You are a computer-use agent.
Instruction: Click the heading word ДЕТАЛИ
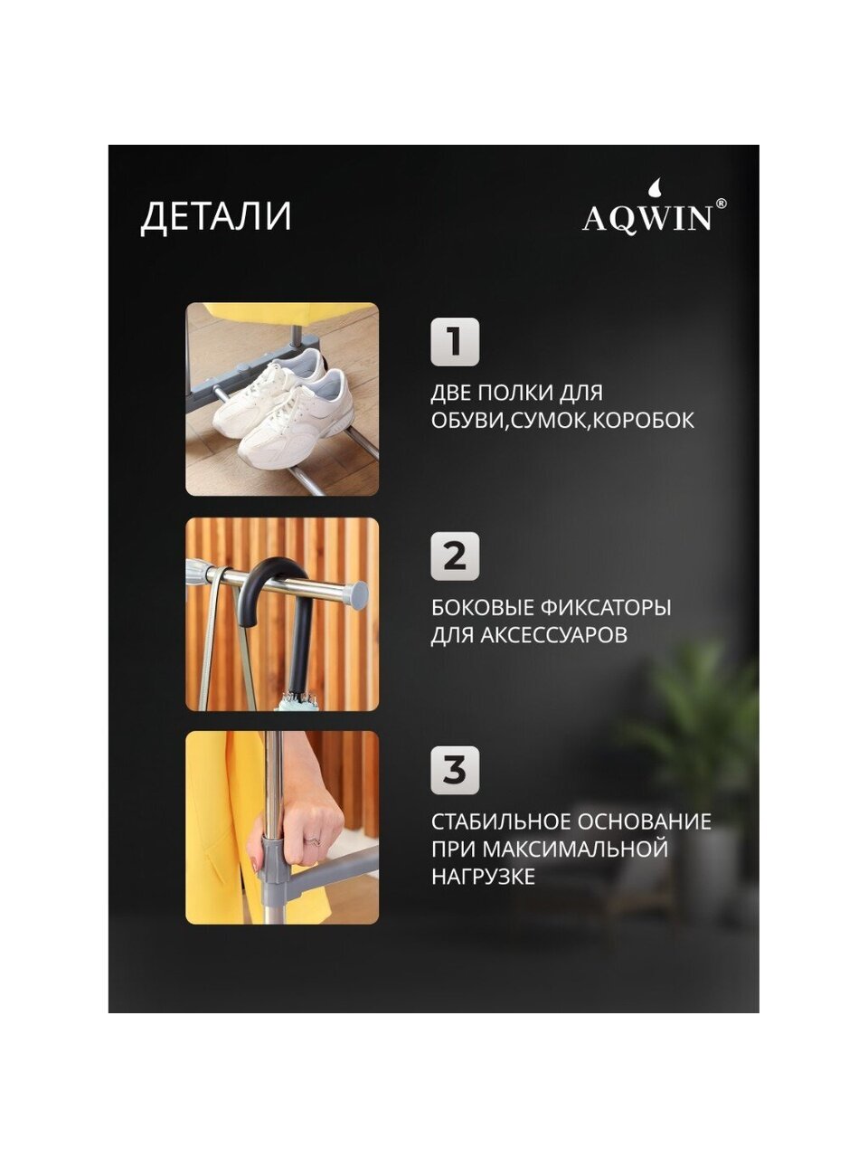(216, 216)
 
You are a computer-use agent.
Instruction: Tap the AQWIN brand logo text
(647, 219)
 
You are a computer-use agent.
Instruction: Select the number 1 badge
(455, 342)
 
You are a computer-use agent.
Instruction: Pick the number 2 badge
(455, 556)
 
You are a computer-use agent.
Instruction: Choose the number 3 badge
(455, 770)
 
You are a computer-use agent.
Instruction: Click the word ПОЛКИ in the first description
(516, 393)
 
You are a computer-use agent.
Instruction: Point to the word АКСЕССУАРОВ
(554, 635)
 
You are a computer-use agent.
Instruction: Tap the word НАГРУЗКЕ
(484, 877)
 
